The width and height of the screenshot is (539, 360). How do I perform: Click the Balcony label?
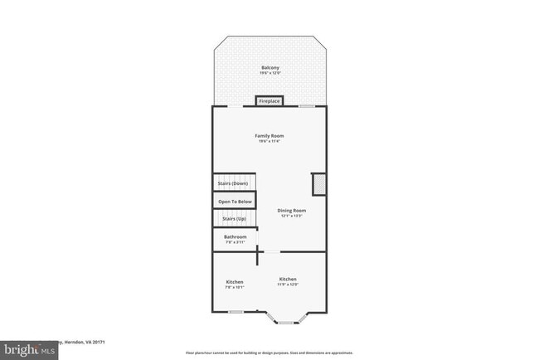coord(269,67)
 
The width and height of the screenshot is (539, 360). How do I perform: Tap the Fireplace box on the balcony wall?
coord(269,101)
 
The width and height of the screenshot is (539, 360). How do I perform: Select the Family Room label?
coord(269,135)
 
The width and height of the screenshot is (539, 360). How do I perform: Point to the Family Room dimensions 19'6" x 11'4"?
coord(269,142)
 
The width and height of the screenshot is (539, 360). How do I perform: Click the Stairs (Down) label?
coord(233,183)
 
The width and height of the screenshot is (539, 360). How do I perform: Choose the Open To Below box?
coord(235,201)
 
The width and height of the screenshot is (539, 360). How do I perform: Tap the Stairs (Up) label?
coord(233,219)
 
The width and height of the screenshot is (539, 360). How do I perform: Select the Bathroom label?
coord(235,236)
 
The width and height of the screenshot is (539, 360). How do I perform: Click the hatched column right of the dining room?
coord(318,184)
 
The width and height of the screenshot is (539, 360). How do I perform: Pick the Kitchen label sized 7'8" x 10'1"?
coord(235,281)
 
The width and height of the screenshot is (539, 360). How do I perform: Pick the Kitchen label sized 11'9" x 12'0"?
coord(288,279)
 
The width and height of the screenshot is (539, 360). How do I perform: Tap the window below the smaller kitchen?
coord(236,312)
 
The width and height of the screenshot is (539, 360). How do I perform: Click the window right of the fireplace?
coord(307,106)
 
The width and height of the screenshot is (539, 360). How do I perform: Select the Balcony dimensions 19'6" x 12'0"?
coord(269,74)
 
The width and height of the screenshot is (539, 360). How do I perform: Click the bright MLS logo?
coord(28,350)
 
